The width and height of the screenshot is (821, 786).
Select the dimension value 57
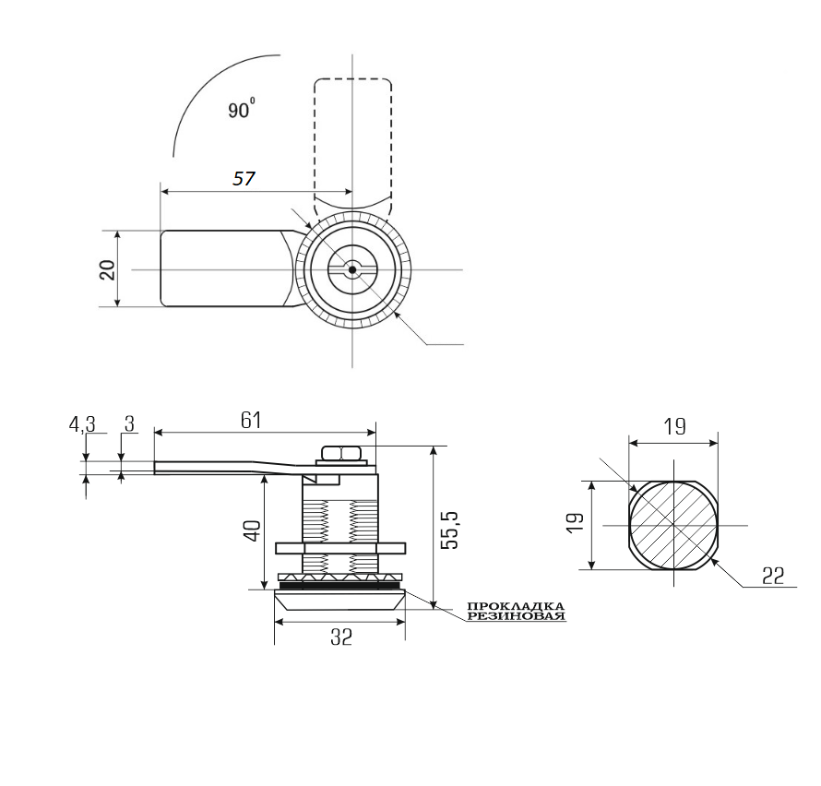[244, 179]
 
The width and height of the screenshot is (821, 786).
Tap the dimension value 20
[107, 268]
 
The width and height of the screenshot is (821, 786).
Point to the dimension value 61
[251, 421]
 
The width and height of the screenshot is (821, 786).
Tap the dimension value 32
[340, 637]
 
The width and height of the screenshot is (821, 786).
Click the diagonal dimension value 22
[772, 576]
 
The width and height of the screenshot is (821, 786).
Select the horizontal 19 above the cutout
[674, 426]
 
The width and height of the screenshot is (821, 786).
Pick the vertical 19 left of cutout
[573, 523]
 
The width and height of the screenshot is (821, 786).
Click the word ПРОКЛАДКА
[515, 606]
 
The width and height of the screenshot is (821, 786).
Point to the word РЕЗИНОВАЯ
[515, 615]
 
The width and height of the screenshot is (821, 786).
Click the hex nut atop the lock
[342, 453]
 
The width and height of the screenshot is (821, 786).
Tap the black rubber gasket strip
[340, 585]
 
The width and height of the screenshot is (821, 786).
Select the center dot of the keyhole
[352, 269]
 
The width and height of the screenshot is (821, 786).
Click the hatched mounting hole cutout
[673, 525]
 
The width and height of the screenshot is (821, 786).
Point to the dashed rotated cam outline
[353, 138]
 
